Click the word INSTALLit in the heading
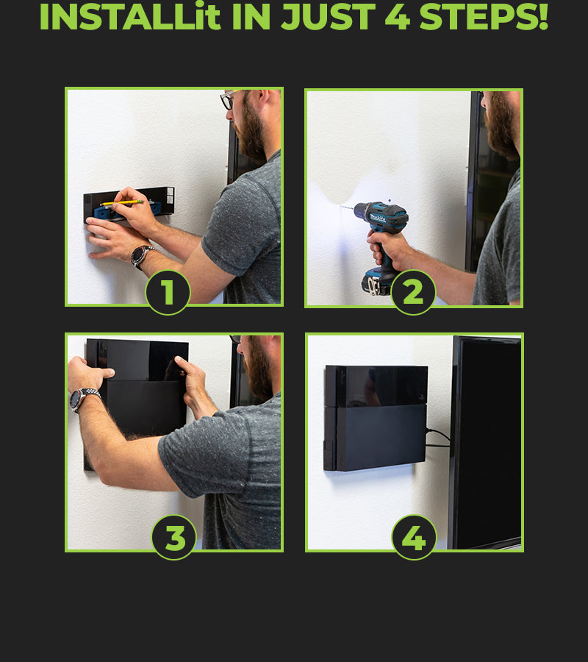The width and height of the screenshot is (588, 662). (129, 17)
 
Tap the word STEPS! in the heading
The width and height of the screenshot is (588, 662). (484, 17)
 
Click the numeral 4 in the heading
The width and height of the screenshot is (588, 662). (398, 17)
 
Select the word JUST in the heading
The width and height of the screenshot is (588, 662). (328, 17)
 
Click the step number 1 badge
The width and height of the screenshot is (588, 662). (168, 292)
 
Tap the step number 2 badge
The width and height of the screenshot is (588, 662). (413, 292)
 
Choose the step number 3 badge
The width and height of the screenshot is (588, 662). (173, 538)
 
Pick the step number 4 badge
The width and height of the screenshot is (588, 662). (414, 538)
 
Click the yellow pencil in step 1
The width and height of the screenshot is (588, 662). (122, 203)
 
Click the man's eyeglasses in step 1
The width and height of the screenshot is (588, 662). (228, 99)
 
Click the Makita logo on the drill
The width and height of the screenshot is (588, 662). (378, 218)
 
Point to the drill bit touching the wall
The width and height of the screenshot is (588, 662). (347, 207)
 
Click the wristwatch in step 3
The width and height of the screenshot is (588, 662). (82, 399)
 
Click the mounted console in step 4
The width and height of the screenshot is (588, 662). (376, 418)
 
